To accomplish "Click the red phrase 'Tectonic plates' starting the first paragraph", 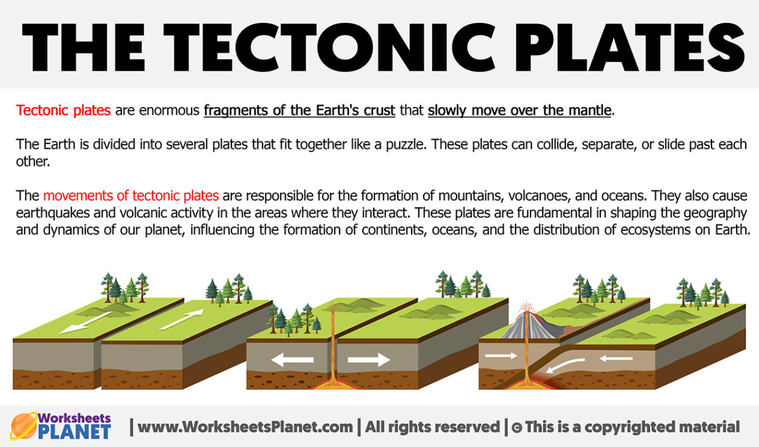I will click(x=63, y=111).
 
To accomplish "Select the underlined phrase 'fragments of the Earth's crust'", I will click(x=299, y=111).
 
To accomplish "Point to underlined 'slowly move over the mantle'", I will click(x=520, y=111).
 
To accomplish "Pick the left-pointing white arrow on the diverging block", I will click(x=292, y=360).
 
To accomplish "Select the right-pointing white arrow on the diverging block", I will click(x=369, y=360).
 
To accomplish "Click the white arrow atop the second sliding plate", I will click(x=182, y=318).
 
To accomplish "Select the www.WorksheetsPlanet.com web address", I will click(x=245, y=427).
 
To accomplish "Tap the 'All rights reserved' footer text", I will click(x=431, y=427).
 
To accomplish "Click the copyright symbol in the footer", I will click(x=516, y=427).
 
